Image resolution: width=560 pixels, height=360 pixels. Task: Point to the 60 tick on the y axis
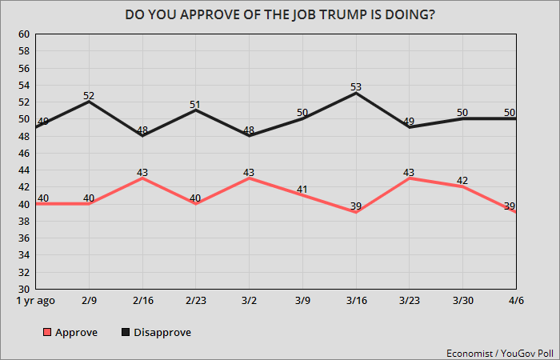coord(23,34)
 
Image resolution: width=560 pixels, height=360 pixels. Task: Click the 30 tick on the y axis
coord(23,289)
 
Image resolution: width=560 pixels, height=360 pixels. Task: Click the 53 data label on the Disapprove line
coord(356,86)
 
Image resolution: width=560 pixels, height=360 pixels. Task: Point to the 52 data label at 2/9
coord(90,95)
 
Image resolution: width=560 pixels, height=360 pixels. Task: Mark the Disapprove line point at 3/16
coord(356,93)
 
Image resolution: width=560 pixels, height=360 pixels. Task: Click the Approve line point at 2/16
coord(143,178)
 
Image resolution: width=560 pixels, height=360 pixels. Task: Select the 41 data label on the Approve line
coord(303,189)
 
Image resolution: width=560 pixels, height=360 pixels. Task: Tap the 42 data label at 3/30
coord(462,180)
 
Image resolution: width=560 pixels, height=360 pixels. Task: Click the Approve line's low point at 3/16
coord(356,212)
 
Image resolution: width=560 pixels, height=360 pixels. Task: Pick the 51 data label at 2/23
coord(196,103)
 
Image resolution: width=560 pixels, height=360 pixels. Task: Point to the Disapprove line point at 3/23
coord(410,127)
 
